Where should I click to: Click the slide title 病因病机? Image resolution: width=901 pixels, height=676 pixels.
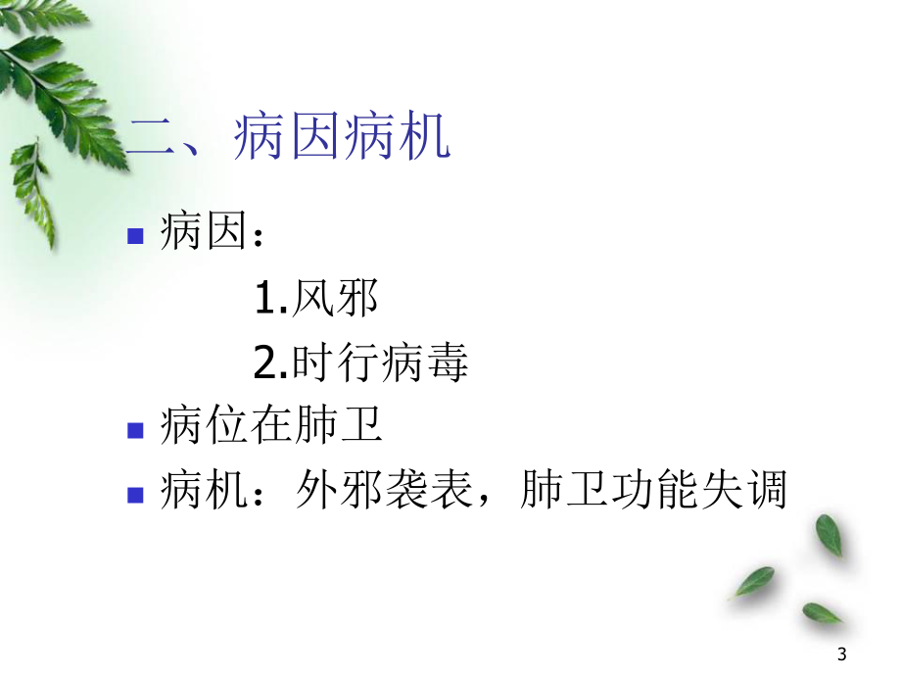click(x=343, y=138)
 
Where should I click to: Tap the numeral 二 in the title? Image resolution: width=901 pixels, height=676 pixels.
click(x=152, y=138)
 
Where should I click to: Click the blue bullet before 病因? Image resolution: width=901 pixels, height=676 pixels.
click(x=136, y=235)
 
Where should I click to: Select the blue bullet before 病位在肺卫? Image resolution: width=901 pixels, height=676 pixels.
click(x=136, y=429)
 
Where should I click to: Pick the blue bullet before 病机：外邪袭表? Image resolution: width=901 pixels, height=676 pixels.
click(x=136, y=494)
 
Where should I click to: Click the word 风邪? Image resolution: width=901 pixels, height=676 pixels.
click(x=334, y=300)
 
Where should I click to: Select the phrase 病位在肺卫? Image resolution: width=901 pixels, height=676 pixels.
click(x=270, y=428)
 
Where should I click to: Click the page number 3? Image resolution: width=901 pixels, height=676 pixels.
click(x=843, y=654)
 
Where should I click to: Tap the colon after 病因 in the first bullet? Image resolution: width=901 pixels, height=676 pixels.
click(x=258, y=237)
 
